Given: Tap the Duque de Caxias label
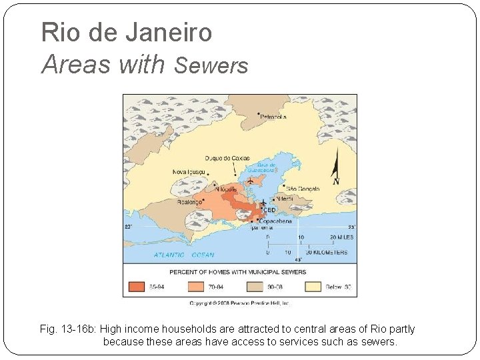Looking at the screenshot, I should pyautogui.click(x=227, y=158).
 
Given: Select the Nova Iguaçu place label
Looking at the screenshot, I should pyautogui.click(x=189, y=172).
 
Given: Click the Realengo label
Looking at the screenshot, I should pyautogui.click(x=190, y=202).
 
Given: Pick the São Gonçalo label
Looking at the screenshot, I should pyautogui.click(x=303, y=189).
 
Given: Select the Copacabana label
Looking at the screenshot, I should pyautogui.click(x=275, y=221).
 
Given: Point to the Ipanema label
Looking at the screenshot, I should pyautogui.click(x=262, y=227).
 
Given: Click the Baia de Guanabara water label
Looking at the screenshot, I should pyautogui.click(x=257, y=167).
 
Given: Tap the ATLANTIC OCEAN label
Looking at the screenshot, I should pyautogui.click(x=184, y=255).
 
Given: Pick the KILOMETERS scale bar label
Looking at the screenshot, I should pyautogui.click(x=327, y=253).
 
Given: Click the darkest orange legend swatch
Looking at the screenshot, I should pyautogui.click(x=137, y=287).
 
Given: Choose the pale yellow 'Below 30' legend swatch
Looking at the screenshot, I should pyautogui.click(x=314, y=287).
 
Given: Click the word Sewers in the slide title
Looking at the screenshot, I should pyautogui.click(x=211, y=65).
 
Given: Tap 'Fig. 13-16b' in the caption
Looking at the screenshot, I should pyautogui.click(x=67, y=329).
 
